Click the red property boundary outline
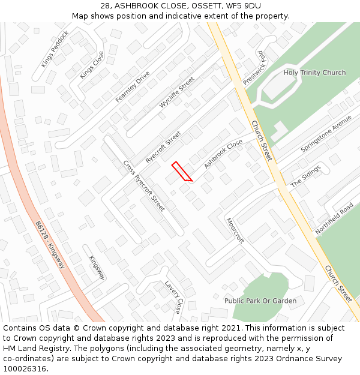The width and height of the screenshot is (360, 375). coord(181,172)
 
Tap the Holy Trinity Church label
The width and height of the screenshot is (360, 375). coord(314,73)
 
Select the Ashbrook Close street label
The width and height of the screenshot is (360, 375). coord(223,154)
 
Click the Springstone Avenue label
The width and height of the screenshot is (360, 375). coord(326,133)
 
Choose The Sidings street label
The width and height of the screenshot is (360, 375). coord(306,176)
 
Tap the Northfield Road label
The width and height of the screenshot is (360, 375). coord(334,218)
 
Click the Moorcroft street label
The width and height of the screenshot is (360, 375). coord(235,230)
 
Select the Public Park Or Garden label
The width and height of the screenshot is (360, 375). coord(260,301)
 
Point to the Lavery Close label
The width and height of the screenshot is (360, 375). coord(172,297)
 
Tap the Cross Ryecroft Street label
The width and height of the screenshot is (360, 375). coord(143,185)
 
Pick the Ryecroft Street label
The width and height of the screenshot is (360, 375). coord(163,148)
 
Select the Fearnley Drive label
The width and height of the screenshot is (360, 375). coord(132,86)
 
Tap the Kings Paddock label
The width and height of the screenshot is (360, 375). coord(55,49)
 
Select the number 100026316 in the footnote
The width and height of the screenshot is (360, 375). coord(25,369)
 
